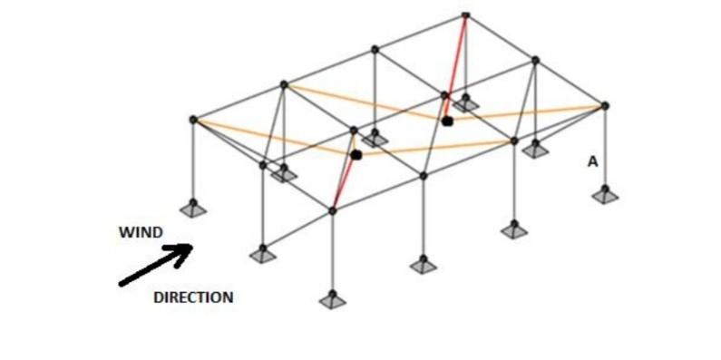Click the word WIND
[x=141, y=233]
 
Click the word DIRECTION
[x=192, y=297]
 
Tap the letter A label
[x=592, y=161]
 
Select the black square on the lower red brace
[x=356, y=155]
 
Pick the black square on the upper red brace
[x=447, y=121]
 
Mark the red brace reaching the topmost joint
[x=457, y=63]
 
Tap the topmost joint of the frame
[x=465, y=15]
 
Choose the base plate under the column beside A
[x=605, y=193]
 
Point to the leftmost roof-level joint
[x=192, y=120]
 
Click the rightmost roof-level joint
[x=605, y=106]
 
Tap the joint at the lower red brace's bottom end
[x=333, y=210]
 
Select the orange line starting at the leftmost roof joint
[x=272, y=137]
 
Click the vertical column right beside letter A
[x=605, y=150]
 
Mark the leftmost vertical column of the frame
[x=192, y=163]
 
